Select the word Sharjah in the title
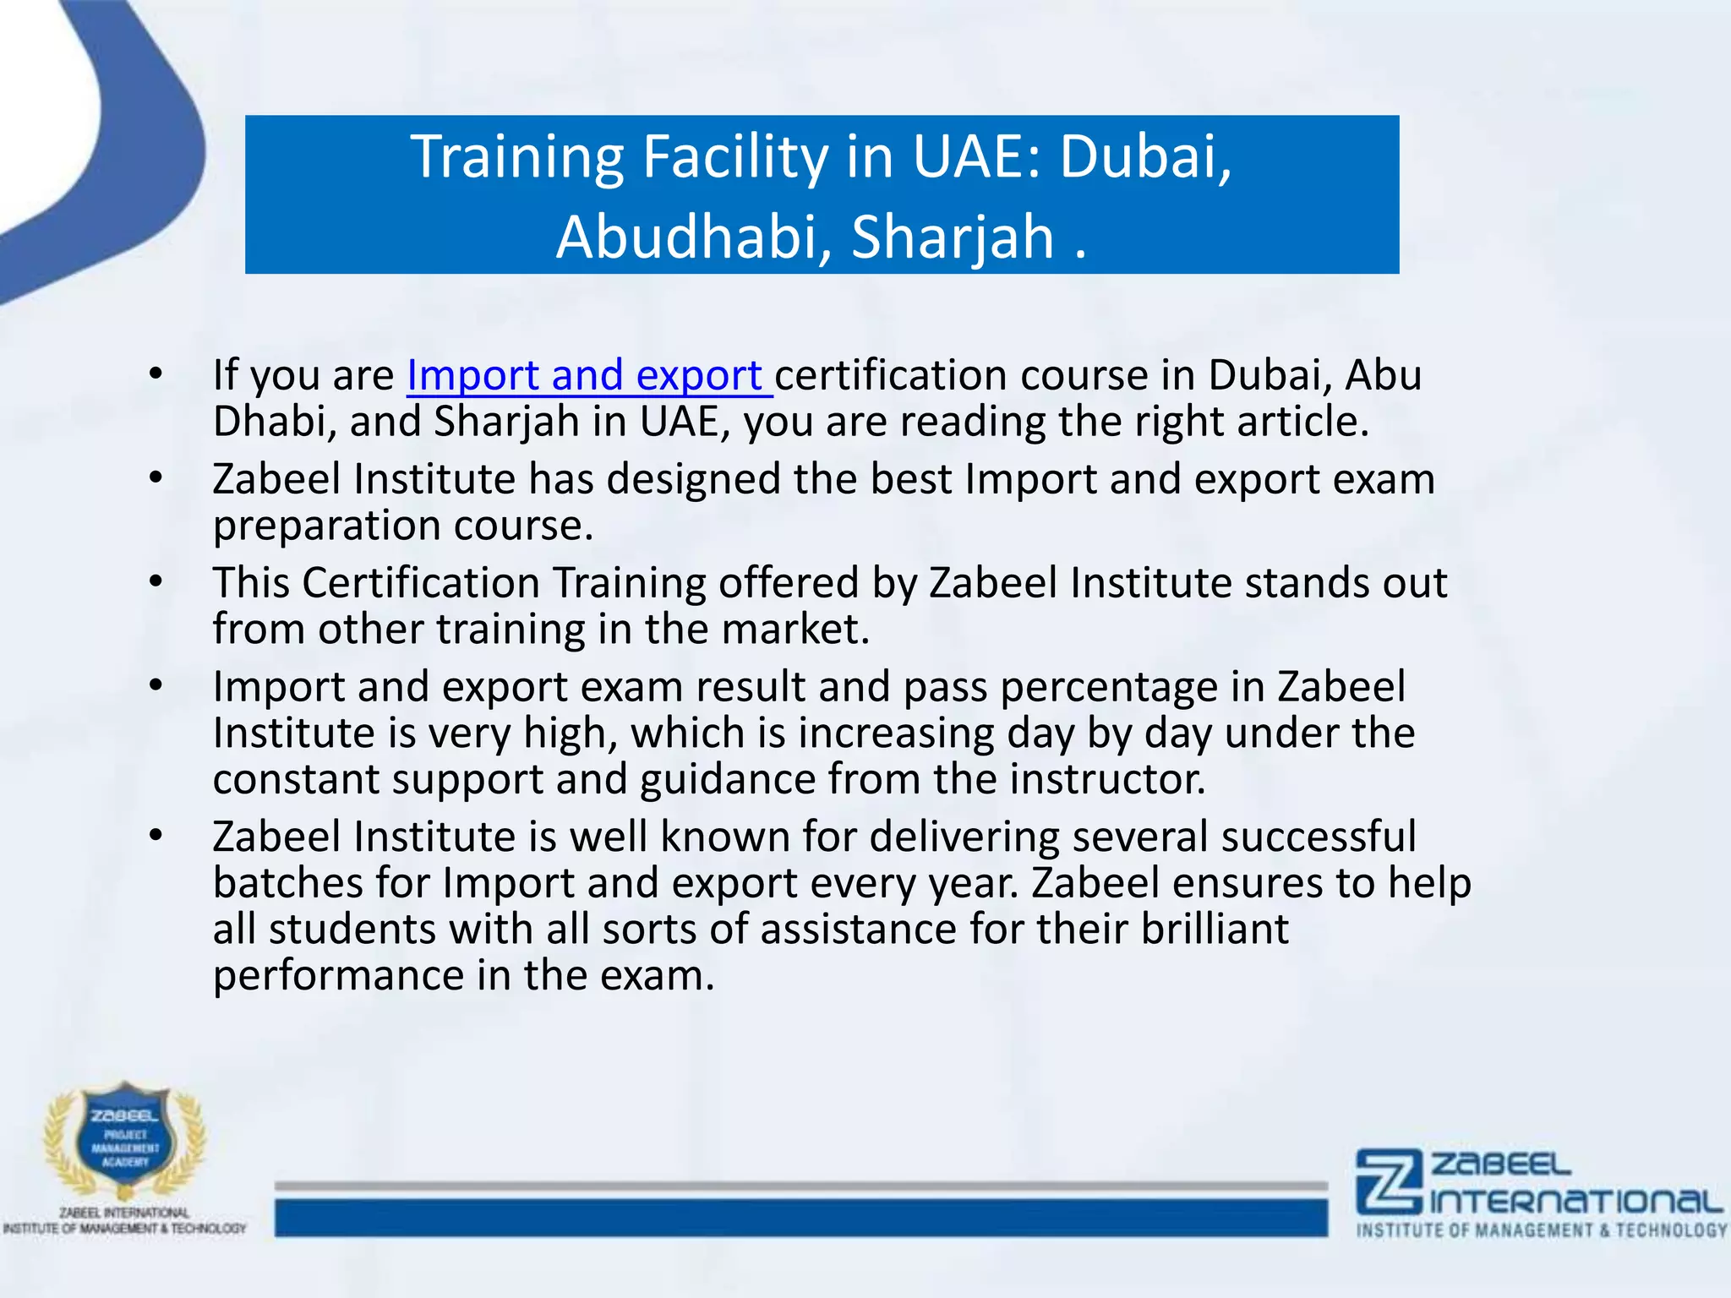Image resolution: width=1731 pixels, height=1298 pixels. (x=953, y=237)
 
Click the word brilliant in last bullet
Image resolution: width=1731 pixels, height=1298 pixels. (x=1214, y=929)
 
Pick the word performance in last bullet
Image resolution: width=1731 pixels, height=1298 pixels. (x=337, y=975)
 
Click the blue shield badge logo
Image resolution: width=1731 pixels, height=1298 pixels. (x=125, y=1141)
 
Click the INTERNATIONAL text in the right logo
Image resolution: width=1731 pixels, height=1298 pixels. (x=1576, y=1201)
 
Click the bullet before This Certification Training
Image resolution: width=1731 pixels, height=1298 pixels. (x=155, y=582)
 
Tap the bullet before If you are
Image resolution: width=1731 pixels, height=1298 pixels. (x=155, y=374)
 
